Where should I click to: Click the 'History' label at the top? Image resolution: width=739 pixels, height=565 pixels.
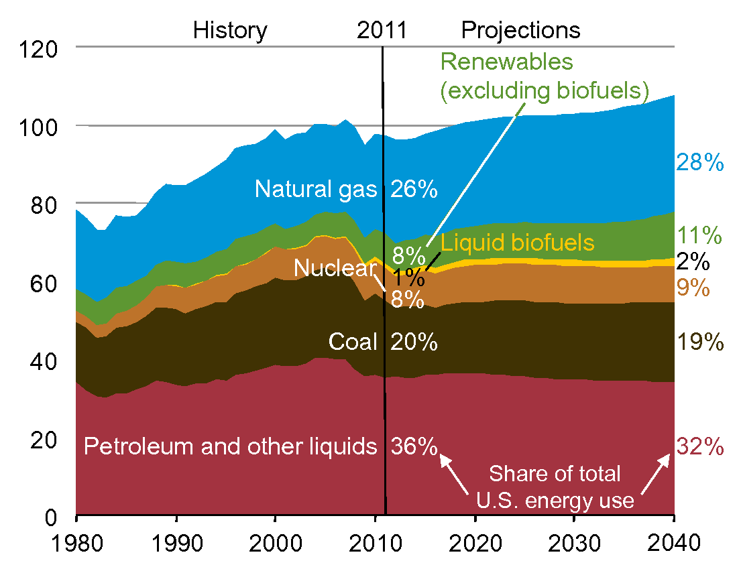point(230,31)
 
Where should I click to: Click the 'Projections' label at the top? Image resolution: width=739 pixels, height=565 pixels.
point(520,31)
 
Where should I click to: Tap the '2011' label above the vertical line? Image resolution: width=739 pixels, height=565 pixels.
point(382,31)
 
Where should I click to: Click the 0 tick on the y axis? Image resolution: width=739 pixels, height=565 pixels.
point(58,516)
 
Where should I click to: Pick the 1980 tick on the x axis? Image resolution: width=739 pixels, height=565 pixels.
point(76,542)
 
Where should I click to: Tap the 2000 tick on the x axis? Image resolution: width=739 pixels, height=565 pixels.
point(275,542)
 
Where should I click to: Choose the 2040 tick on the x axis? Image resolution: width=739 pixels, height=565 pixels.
point(673,542)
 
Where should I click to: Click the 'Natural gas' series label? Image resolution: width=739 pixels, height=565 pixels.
point(317,190)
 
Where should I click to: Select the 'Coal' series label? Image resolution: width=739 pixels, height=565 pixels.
point(353,342)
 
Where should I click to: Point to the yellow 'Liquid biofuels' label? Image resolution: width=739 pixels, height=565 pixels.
point(518,242)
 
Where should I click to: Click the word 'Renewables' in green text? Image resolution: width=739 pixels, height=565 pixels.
point(507,62)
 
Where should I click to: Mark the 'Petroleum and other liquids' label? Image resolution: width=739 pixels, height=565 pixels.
point(230,446)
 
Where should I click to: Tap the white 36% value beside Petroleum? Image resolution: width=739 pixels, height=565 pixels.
point(414,446)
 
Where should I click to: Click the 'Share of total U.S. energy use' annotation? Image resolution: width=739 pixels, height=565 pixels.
point(555,487)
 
